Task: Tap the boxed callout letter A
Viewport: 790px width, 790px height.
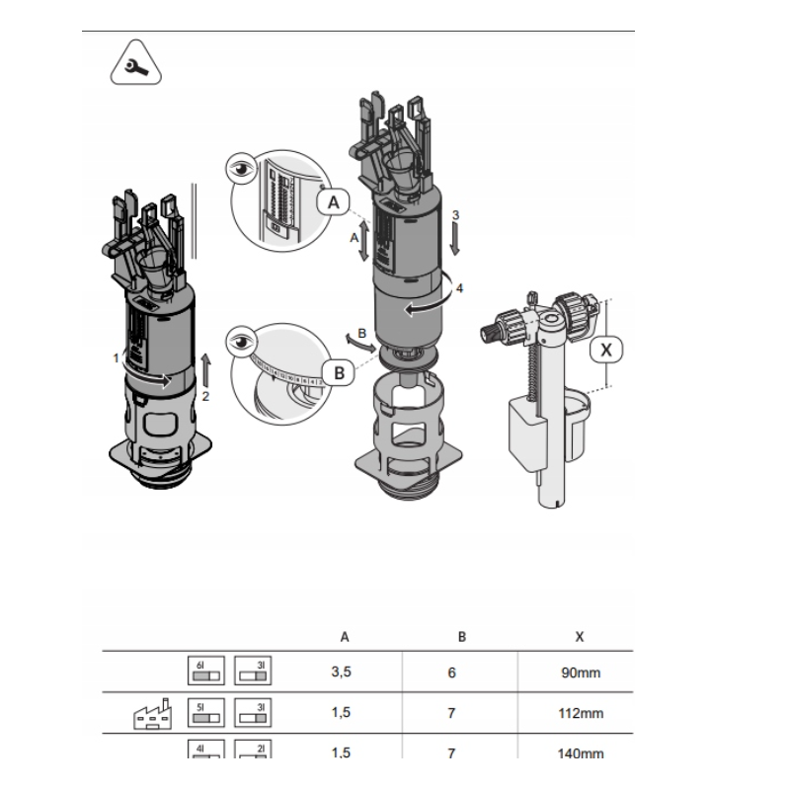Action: coord(335,202)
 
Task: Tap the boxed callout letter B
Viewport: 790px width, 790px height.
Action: coord(339,373)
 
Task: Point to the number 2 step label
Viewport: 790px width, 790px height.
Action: coord(206,396)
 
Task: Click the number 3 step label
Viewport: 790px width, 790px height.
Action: coord(455,214)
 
